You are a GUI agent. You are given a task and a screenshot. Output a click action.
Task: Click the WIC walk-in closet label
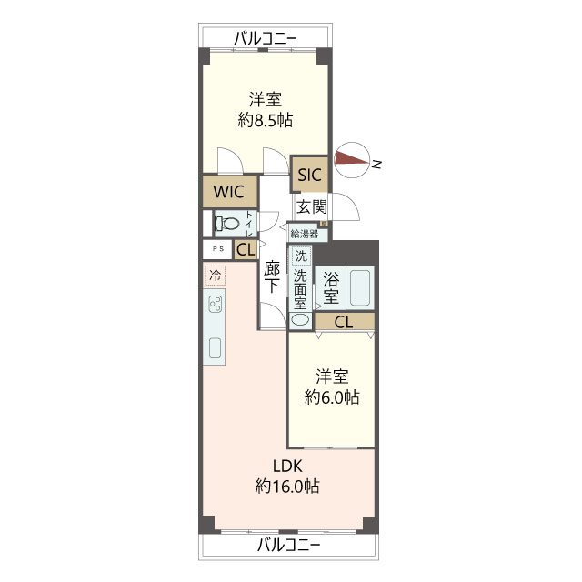click(228, 192)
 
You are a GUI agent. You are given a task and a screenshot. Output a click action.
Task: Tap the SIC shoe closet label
click(309, 175)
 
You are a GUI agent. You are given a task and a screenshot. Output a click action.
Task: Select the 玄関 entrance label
click(312, 206)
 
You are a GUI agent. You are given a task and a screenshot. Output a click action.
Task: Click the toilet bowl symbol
click(227, 224)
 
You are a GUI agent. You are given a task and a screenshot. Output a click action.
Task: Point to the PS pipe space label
click(218, 249)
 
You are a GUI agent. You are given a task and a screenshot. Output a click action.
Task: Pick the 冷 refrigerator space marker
click(215, 275)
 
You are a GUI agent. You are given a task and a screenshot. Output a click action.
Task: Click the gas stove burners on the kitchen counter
click(216, 304)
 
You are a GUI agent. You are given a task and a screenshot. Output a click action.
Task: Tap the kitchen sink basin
click(216, 348)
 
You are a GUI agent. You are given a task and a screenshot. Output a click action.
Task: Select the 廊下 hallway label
click(272, 276)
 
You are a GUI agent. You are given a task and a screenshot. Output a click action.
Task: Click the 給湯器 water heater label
click(305, 234)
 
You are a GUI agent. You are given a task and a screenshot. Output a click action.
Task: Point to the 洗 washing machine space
click(301, 256)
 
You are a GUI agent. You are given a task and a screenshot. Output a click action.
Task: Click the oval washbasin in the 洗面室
click(300, 320)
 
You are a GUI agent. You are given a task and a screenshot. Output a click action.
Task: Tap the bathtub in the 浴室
click(360, 287)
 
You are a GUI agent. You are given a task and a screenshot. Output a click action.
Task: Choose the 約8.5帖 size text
click(265, 120)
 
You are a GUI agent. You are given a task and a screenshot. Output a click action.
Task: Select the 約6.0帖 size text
click(332, 397)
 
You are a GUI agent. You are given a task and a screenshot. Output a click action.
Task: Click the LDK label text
click(287, 467)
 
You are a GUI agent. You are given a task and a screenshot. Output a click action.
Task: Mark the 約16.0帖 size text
click(287, 486)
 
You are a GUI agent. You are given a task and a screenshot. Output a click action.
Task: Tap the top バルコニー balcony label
click(266, 38)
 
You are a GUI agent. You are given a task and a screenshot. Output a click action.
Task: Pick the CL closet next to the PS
click(246, 249)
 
